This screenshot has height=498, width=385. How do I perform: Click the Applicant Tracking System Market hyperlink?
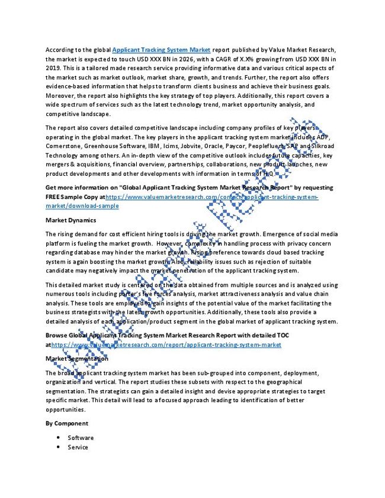click(161, 50)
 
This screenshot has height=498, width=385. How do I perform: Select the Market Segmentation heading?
click(77, 358)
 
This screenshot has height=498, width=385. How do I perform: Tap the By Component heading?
click(67, 423)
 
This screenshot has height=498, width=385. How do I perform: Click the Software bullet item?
click(81, 438)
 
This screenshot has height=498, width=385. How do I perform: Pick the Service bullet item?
click(78, 447)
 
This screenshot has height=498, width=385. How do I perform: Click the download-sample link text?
click(82, 205)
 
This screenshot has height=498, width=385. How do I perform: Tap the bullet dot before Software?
click(59, 438)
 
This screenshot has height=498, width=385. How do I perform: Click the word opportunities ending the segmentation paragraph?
click(65, 409)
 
